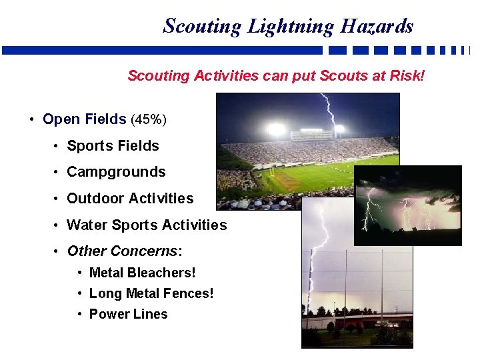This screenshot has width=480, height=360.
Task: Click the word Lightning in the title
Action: pos(291,26)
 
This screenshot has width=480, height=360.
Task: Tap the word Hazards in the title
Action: pos(377,26)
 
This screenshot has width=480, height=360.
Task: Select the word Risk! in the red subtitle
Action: pos(406,75)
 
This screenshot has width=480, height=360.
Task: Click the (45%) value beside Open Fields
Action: pos(149,120)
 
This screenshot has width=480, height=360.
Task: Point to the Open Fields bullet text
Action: pos(85,119)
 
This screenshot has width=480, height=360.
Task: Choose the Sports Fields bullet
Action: pos(113,146)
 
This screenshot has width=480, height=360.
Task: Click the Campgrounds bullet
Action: pos(116,172)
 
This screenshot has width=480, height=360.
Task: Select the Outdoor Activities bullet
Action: pos(130,199)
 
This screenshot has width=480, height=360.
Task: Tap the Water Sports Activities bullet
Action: pos(147,225)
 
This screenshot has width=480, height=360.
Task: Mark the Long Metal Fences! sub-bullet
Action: pos(151,293)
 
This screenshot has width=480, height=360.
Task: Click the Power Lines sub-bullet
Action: pos(128,314)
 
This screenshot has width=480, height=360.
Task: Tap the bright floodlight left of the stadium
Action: pos(275,129)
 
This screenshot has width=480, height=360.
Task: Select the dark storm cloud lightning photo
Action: pos(407,205)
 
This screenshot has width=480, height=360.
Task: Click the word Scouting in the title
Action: pos(202,26)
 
